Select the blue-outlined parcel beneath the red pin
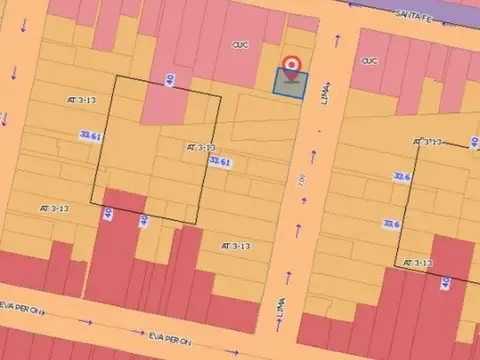tap(291, 84)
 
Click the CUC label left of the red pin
tap(241, 44)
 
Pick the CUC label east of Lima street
tap(369, 60)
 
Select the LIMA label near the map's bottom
tap(278, 318)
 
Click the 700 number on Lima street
tap(302, 180)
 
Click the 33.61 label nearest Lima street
tap(220, 161)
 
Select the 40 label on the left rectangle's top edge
tap(171, 80)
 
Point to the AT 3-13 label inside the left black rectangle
tap(201, 147)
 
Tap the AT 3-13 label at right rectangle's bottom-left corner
tap(417, 263)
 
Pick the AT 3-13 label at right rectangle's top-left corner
tap(428, 142)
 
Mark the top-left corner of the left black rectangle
tap(115, 77)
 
